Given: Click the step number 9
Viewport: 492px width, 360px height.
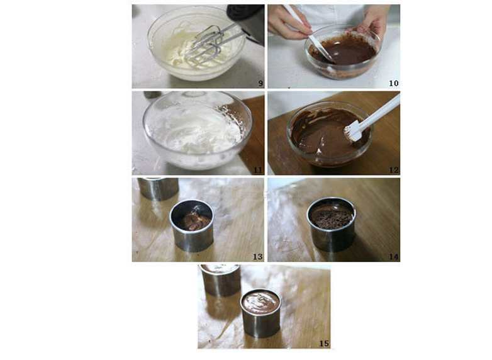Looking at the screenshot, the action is click(260, 84).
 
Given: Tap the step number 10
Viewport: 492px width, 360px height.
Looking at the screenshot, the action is click(393, 83).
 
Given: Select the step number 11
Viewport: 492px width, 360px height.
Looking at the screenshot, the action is click(258, 170).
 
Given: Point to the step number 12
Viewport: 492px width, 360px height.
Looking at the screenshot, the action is click(394, 170).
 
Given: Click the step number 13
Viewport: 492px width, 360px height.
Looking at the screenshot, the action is click(257, 256).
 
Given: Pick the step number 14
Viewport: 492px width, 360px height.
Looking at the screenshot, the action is click(394, 256).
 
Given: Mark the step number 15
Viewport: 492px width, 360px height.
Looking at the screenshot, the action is click(324, 344).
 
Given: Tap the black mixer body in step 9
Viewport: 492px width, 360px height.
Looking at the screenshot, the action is click(247, 22).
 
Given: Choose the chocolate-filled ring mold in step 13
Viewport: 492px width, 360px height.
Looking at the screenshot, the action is click(192, 225).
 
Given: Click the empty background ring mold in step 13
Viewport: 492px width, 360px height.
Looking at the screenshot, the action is click(158, 188).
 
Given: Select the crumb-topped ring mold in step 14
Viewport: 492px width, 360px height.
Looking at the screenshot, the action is click(332, 224).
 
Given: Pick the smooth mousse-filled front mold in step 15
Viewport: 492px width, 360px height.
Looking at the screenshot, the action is click(260, 313).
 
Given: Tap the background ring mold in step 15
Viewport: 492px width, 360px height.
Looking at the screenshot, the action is click(221, 280).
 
